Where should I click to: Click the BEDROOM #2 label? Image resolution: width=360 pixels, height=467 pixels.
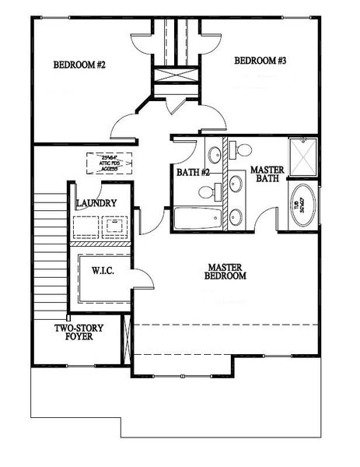(x=79, y=65)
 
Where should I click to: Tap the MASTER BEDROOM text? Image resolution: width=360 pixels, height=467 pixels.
(x=225, y=271)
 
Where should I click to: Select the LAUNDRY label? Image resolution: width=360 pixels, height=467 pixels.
(x=96, y=204)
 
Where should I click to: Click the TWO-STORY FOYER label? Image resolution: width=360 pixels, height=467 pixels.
(x=75, y=332)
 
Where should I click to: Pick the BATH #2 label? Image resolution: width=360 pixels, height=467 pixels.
(x=190, y=173)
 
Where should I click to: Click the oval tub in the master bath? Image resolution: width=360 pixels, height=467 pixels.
(x=302, y=205)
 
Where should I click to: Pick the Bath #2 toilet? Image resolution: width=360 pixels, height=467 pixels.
(x=206, y=191)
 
